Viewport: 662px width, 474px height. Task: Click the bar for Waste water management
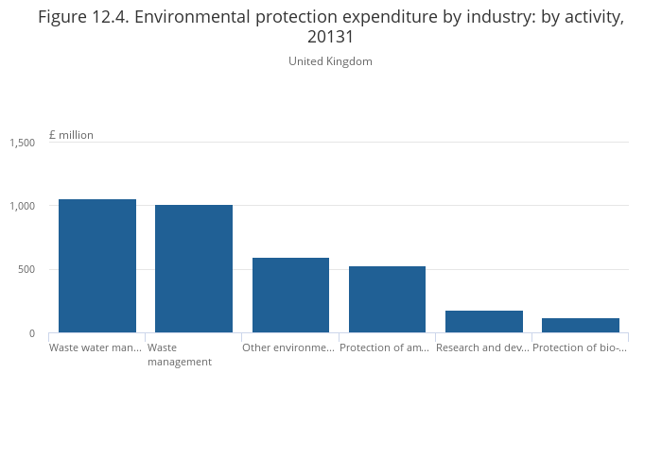97,265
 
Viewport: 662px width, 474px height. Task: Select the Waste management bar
194,268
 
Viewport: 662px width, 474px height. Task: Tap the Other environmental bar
290,295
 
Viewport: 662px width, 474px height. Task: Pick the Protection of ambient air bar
387,298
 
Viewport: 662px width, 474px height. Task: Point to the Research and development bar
484,321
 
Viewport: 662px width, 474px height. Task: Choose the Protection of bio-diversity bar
581,325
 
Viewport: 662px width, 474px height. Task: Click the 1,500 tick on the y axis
23,143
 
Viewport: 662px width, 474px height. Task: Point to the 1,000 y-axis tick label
23,206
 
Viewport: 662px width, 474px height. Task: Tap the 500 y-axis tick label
26,270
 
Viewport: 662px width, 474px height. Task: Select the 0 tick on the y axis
31,333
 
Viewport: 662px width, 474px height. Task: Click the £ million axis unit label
71,135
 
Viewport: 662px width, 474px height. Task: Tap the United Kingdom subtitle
330,61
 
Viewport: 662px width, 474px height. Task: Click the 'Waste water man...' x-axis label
96,347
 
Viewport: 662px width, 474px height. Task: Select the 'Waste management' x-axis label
180,354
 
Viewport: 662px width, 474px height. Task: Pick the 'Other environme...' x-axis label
288,347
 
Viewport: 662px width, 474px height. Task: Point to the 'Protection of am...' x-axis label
385,347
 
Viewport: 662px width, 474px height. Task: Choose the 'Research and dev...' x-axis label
482,347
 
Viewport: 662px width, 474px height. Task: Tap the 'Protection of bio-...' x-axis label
580,347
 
